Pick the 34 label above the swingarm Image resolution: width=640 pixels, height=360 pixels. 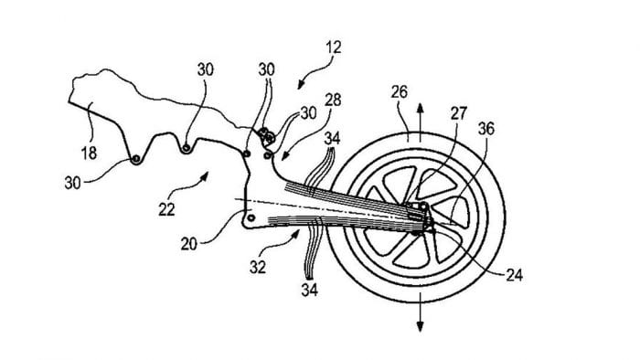[334, 138]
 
